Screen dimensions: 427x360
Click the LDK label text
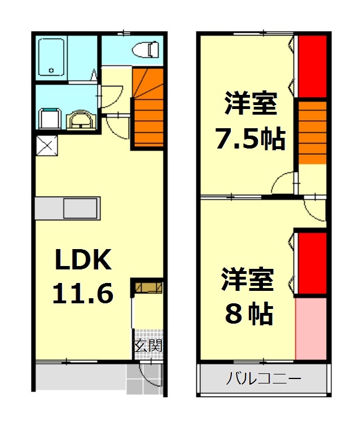(x=84, y=261)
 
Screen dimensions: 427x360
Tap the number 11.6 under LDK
(x=83, y=293)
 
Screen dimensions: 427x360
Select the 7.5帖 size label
(x=251, y=139)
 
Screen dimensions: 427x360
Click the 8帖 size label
(x=248, y=314)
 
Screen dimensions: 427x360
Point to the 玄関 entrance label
(x=148, y=346)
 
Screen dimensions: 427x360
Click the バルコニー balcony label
(x=264, y=378)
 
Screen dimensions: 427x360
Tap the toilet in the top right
(x=146, y=50)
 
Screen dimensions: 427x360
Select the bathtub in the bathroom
(x=52, y=58)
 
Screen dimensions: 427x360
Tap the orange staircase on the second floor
(x=312, y=131)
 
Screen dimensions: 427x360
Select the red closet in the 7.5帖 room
(x=312, y=66)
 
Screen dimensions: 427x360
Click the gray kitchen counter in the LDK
(x=67, y=208)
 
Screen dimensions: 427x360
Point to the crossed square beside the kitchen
(x=46, y=145)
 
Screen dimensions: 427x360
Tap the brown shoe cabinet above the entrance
(x=148, y=287)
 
